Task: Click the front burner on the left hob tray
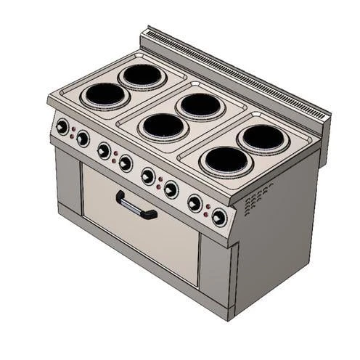106,94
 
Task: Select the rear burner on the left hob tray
142,75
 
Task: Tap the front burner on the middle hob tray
164,126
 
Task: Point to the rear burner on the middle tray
200,105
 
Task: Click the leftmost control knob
62,128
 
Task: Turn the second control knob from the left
83,138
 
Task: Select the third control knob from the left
104,150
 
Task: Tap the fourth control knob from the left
126,163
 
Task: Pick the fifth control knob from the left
148,176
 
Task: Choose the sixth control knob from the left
171,189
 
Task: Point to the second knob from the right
195,203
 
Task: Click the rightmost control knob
219,217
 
